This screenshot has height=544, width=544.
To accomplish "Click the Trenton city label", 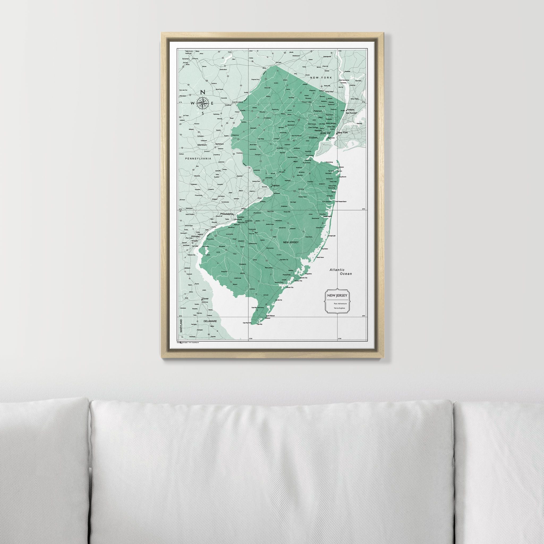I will click(x=275, y=186).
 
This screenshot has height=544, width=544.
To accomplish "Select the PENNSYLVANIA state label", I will click(x=198, y=159).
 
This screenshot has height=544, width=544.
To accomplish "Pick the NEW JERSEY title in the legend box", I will click(x=337, y=295).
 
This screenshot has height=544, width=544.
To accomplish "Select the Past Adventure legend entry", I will click(x=340, y=304).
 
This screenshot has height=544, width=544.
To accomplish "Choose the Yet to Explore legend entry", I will click(x=339, y=308).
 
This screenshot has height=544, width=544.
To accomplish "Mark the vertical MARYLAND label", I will click(x=181, y=326).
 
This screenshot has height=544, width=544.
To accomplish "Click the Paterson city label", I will click(x=318, y=111).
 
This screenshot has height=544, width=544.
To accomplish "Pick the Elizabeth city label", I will click(x=313, y=138).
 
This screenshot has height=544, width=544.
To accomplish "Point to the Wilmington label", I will click(x=195, y=236).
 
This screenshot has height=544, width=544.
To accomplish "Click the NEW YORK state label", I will click(x=321, y=78).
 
